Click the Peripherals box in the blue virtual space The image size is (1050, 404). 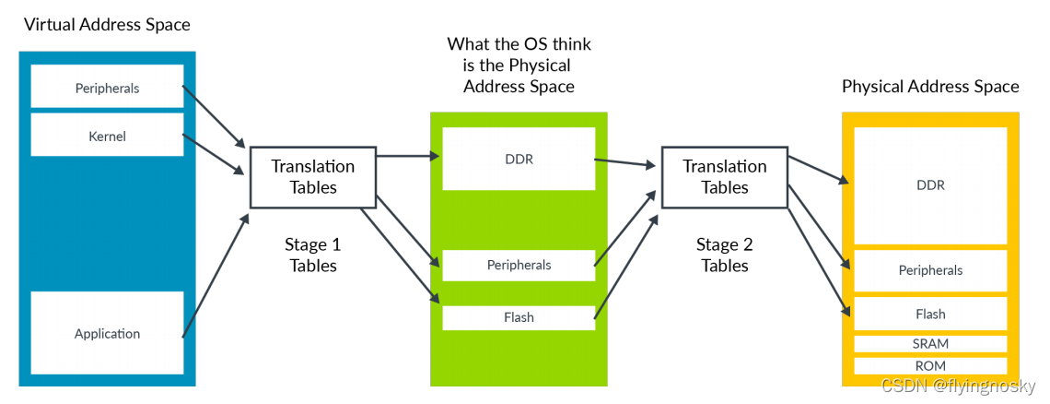click(x=107, y=88)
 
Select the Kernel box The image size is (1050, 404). click(x=107, y=136)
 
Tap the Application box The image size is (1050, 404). click(x=107, y=333)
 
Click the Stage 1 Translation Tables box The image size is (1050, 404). click(x=312, y=176)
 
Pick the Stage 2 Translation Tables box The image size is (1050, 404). click(x=724, y=176)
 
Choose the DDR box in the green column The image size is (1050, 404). click(x=519, y=159)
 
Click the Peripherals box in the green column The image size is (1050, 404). click(x=519, y=265)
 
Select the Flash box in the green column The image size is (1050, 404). click(x=519, y=317)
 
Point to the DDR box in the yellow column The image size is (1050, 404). click(x=930, y=184)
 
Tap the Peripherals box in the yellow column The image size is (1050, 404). click(x=930, y=270)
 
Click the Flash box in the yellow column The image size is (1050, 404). click(x=930, y=314)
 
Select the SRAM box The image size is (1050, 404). click(x=930, y=344)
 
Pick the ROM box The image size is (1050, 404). click(x=930, y=366)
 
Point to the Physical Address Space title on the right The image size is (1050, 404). click(x=930, y=87)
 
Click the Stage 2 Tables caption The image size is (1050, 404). click(x=725, y=255)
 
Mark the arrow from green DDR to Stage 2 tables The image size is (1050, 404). click(x=625, y=163)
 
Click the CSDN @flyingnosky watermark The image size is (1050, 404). click(x=959, y=386)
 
